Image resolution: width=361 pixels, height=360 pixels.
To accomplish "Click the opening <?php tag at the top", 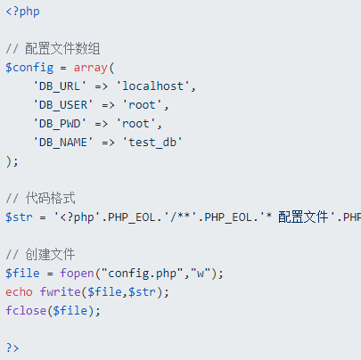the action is click(22, 12).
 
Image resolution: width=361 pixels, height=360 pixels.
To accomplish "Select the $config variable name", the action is click(29, 68).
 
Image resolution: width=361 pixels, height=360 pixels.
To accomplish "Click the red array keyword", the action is click(90, 68).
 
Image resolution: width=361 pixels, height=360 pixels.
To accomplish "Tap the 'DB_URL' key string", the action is click(60, 86).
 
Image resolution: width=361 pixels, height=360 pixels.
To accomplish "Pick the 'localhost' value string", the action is click(152, 86).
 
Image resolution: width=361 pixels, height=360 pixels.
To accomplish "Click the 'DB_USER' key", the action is click(63, 105).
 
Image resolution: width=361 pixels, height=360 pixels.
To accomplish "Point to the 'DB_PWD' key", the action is click(60, 124).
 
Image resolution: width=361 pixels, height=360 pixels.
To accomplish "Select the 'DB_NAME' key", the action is click(63, 143).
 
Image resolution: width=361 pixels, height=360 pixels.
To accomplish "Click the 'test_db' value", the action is click(152, 143).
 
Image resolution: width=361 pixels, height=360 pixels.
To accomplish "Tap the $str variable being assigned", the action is click(19, 217).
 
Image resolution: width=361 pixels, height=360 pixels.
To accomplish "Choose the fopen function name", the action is click(77, 274).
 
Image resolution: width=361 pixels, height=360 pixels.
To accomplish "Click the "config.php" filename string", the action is click(143, 274).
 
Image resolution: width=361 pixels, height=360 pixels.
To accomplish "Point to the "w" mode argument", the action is click(201, 273).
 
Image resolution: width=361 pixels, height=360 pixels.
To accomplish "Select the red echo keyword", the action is click(19, 292).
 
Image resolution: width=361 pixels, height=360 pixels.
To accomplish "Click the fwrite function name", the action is click(61, 292).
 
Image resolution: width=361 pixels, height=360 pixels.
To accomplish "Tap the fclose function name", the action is click(26, 311).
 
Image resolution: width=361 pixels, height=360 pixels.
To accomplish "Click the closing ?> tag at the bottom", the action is click(12, 348).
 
